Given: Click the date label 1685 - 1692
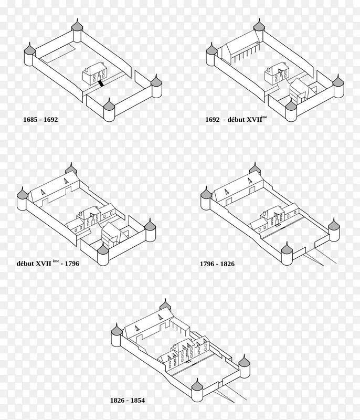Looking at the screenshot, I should [x=40, y=119].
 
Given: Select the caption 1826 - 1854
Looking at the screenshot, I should [x=127, y=401].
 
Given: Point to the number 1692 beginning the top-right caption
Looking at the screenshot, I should [x=212, y=119].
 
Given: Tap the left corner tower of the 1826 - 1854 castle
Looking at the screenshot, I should [x=117, y=337].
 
